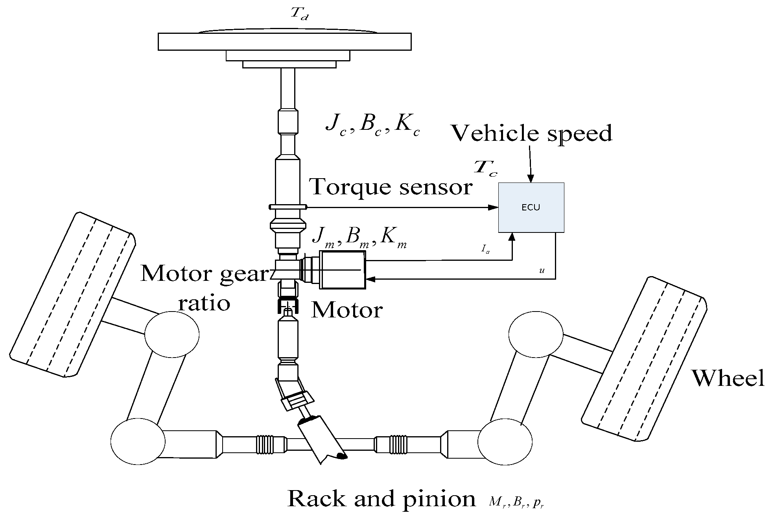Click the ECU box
[531, 207]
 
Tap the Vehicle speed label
[531, 133]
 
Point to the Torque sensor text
[391, 186]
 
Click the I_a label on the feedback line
[485, 249]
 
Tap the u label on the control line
[542, 271]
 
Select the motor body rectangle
[342, 270]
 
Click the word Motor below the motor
[346, 310]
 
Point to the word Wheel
[728, 378]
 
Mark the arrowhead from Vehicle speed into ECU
[531, 179]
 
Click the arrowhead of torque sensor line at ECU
[493, 207]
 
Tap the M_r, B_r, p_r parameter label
[516, 502]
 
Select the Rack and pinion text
[381, 499]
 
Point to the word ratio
[205, 303]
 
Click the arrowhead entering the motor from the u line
[370, 279]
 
